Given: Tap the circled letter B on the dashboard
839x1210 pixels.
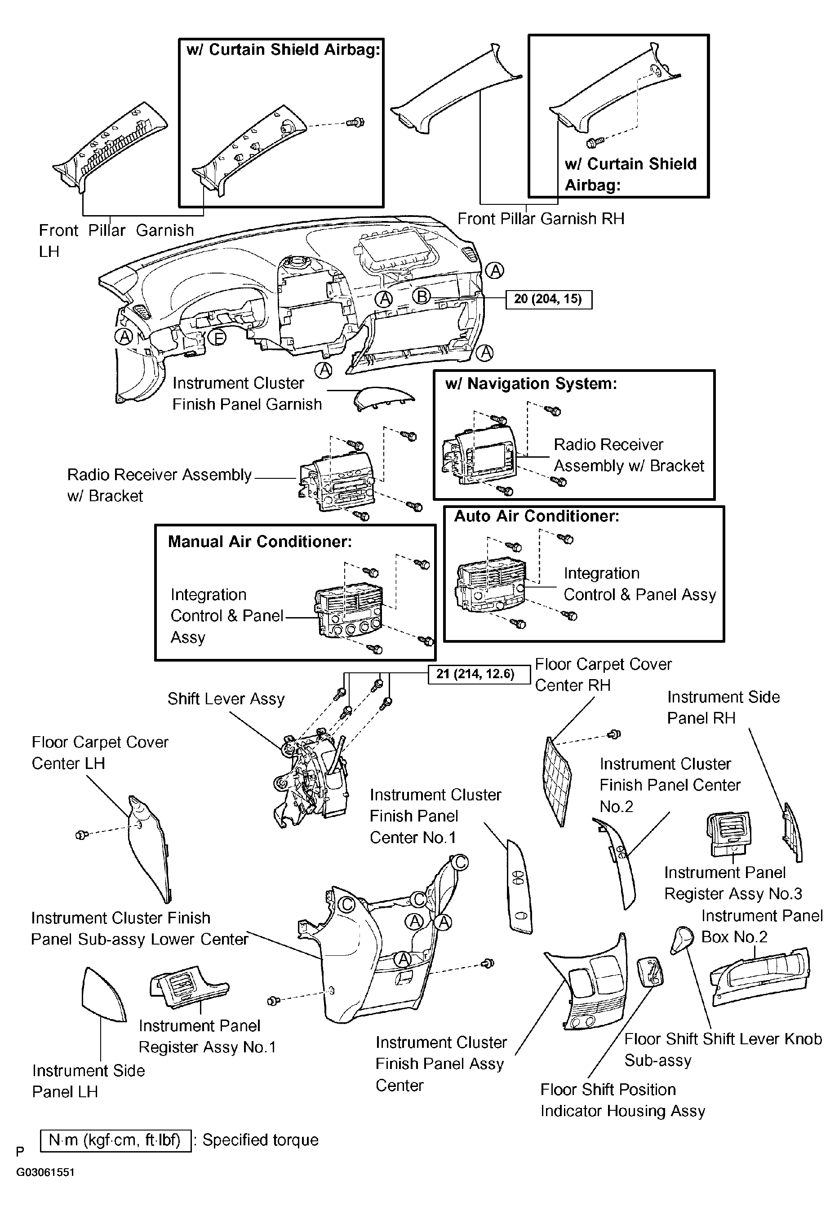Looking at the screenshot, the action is (x=422, y=297).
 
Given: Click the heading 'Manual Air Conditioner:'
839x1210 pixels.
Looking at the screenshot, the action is (x=260, y=542).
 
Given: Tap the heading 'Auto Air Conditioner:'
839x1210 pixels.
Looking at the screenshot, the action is (x=537, y=516).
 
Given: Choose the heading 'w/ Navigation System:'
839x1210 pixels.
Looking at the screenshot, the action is (x=531, y=384).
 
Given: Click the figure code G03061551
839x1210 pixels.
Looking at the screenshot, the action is (x=45, y=1172).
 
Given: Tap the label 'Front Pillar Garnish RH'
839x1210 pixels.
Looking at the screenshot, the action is (x=541, y=219).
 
